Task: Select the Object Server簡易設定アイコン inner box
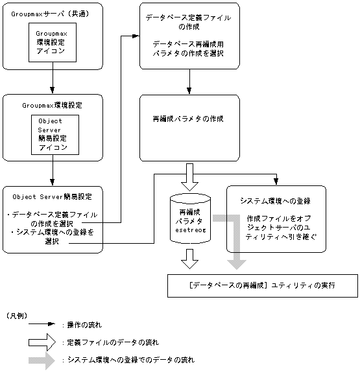click(55, 134)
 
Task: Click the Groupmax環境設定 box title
click(52, 104)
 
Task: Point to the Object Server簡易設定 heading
click(52, 196)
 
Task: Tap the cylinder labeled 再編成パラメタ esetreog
click(190, 218)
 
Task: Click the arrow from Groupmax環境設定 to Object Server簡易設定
click(52, 173)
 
